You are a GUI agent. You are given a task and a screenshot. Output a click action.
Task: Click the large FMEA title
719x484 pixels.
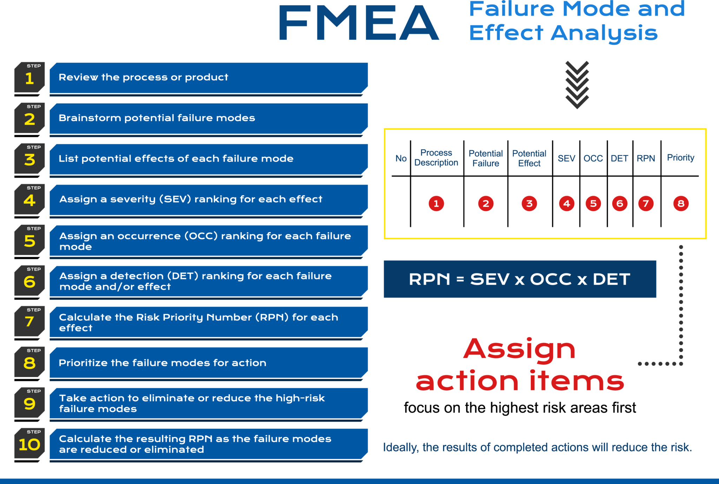point(358,23)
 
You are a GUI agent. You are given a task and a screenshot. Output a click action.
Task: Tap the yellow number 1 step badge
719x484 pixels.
point(29,78)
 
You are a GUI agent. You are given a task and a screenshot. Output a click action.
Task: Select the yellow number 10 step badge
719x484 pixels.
point(29,444)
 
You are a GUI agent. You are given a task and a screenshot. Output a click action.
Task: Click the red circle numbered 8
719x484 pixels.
point(681,204)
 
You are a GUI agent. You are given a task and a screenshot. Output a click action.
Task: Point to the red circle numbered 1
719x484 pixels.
point(436,204)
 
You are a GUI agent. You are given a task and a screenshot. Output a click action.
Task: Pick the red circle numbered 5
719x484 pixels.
point(593,204)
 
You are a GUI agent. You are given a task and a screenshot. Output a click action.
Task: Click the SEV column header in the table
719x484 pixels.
point(566,159)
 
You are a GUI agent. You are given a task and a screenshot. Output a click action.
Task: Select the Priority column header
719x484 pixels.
point(680,158)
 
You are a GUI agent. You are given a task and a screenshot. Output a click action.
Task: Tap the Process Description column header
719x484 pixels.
point(436,158)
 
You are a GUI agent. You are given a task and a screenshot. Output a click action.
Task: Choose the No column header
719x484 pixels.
point(401,159)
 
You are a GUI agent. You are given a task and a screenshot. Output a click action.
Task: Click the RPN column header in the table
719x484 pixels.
point(646,159)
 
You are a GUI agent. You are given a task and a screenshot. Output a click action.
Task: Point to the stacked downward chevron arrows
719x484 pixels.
point(577,85)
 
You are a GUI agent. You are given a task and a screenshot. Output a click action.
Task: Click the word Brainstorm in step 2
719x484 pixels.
point(90,118)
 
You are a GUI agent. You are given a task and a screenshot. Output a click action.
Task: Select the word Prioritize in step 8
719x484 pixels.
point(83,363)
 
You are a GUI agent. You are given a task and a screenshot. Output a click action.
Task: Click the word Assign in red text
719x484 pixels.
point(519,349)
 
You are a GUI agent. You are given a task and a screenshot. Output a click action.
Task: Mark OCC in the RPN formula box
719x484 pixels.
point(551,279)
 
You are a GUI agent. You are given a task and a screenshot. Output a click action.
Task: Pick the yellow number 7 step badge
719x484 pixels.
point(29,321)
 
